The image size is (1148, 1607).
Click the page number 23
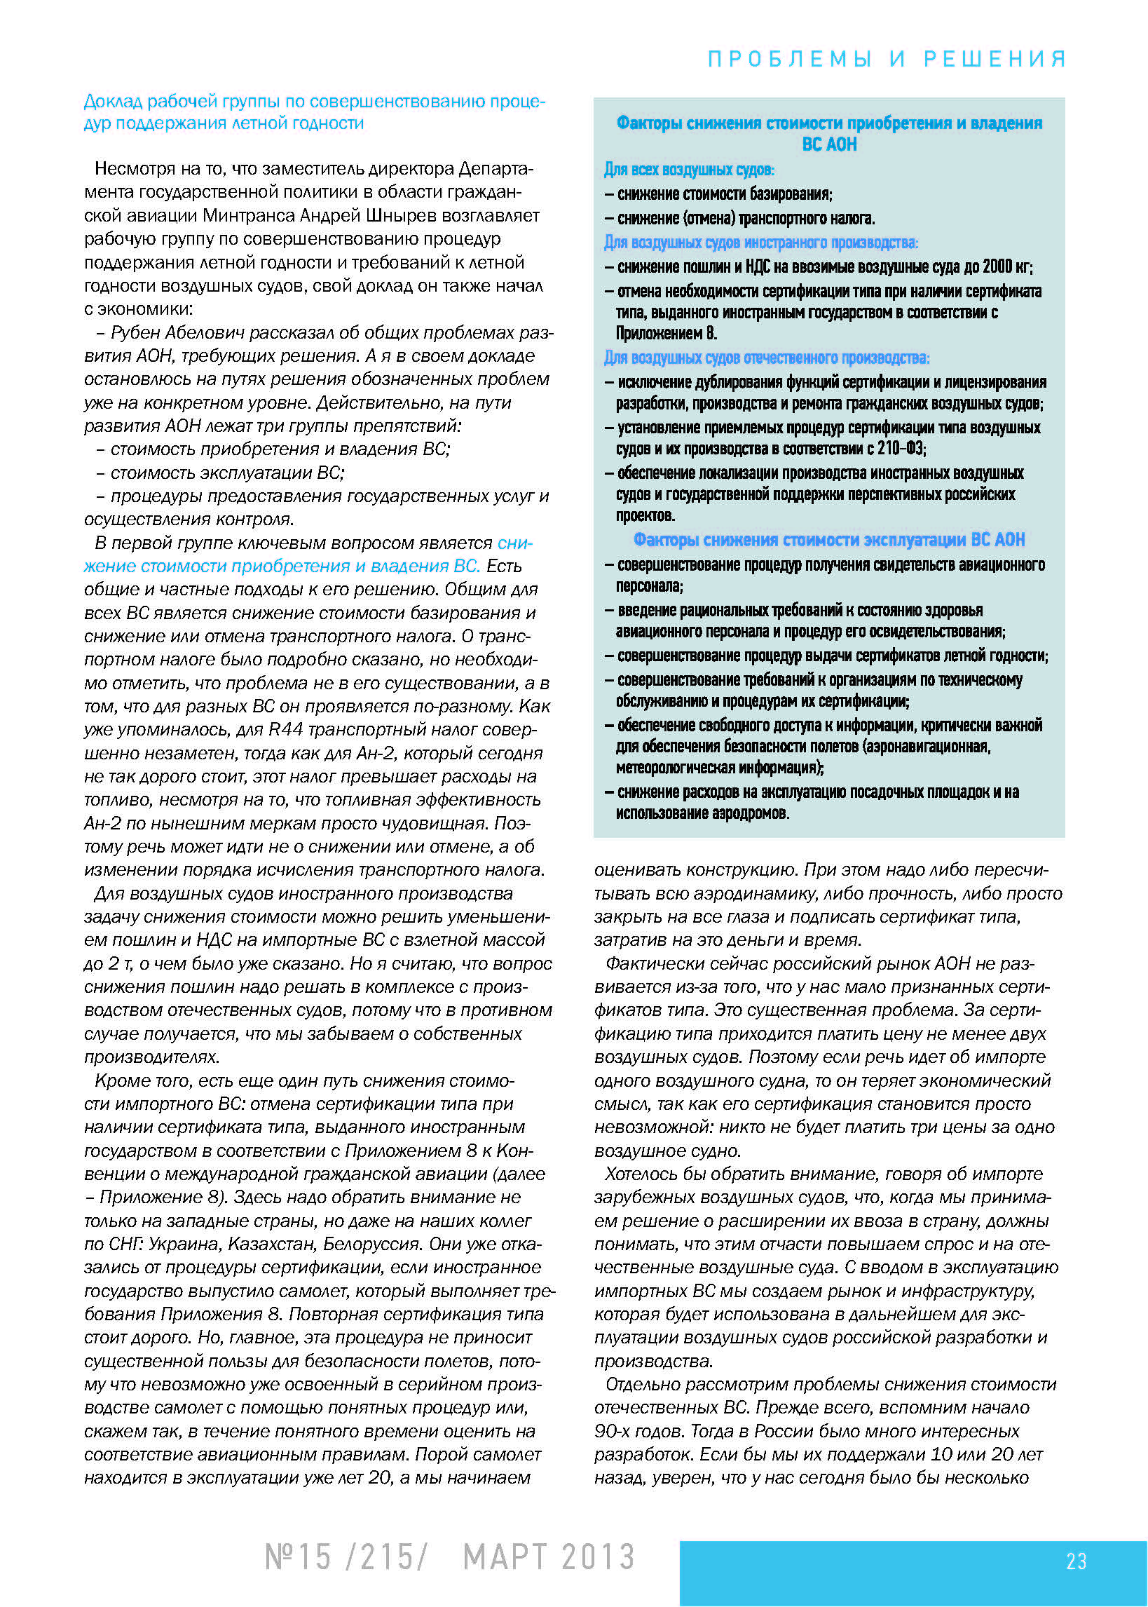tap(1076, 1561)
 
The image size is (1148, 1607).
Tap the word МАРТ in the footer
tap(505, 1557)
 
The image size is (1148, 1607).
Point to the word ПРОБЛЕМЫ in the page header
tap(790, 59)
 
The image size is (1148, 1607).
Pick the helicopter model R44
tap(286, 730)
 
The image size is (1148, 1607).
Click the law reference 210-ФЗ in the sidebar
tap(901, 448)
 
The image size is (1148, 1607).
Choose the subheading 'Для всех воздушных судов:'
tap(688, 170)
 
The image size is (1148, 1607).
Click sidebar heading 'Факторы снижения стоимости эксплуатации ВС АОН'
tap(828, 539)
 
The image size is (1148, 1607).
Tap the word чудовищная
tap(415, 824)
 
